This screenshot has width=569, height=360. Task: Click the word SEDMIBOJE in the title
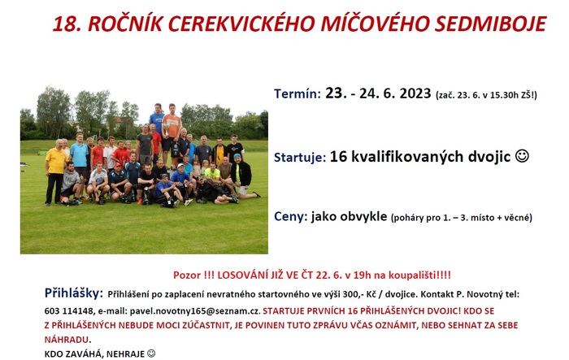[490, 24]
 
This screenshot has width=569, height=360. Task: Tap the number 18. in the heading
[67, 24]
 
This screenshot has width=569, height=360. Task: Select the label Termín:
[298, 93]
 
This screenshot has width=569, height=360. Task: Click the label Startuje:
[300, 157]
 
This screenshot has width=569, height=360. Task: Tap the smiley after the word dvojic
[522, 156]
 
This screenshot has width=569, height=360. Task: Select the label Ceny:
[291, 216]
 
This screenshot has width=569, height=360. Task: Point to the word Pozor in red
[187, 275]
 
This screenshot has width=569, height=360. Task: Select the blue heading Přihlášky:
[74, 293]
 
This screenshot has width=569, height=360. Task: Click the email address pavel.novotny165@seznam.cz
[195, 311]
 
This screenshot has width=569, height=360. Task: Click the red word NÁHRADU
[67, 340]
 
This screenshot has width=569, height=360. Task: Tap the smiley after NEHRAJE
[151, 353]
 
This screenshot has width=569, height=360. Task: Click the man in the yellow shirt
[56, 171]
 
